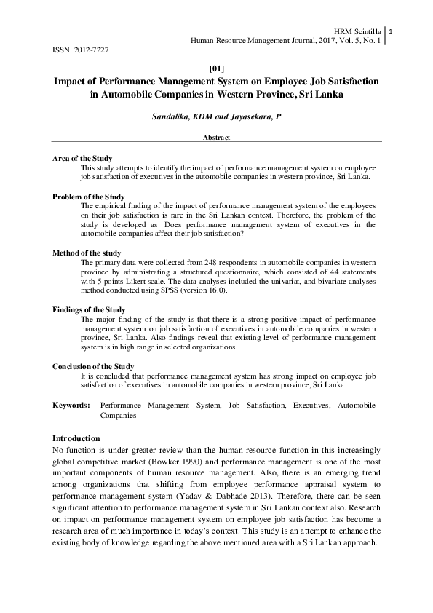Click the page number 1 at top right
pos(392,31)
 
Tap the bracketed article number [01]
pos(215,68)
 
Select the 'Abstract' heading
pos(216,137)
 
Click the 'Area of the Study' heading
pos(82,158)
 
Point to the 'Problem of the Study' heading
pos(89,197)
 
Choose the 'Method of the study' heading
pos(87,253)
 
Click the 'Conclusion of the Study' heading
pos(93,366)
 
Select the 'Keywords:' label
pos(71,404)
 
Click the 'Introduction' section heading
pos(76,438)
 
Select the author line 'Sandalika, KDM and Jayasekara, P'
pos(216,116)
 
